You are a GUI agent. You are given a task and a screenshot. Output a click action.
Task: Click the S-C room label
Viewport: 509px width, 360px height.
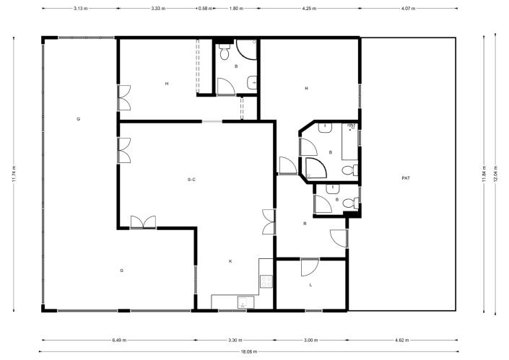[x=192, y=179]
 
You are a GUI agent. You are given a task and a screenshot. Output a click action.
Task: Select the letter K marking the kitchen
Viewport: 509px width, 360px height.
[x=230, y=260]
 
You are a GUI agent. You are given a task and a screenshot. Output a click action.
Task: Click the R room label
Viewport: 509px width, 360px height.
[x=305, y=224]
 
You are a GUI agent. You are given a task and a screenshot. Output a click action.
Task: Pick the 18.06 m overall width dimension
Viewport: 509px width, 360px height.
[x=248, y=351]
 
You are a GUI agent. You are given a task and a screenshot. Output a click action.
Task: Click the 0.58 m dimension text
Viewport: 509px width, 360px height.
[x=206, y=8]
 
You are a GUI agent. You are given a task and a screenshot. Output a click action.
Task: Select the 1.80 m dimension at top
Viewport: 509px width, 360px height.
[x=235, y=8]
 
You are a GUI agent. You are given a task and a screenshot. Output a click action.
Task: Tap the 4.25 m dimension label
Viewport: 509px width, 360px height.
[x=309, y=8]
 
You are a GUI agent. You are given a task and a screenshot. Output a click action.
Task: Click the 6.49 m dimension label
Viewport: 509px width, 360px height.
[x=120, y=338]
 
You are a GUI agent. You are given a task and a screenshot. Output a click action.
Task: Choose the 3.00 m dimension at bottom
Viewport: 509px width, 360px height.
[x=310, y=338]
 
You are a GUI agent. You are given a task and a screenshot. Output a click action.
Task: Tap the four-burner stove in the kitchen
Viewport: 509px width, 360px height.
[x=266, y=281]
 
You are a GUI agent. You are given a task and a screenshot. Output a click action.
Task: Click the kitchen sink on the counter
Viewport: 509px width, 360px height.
[x=243, y=302]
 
